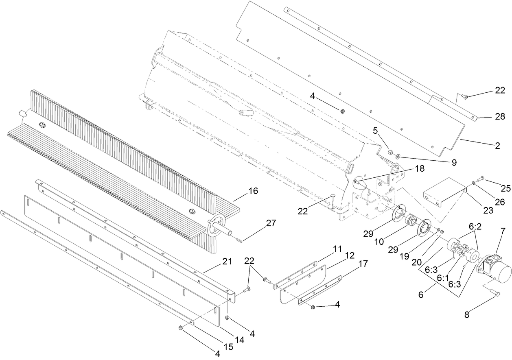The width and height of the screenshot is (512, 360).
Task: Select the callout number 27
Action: tap(271, 223)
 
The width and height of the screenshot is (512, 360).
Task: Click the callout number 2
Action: tap(497, 145)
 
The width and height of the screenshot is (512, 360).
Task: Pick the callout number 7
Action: tap(503, 231)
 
